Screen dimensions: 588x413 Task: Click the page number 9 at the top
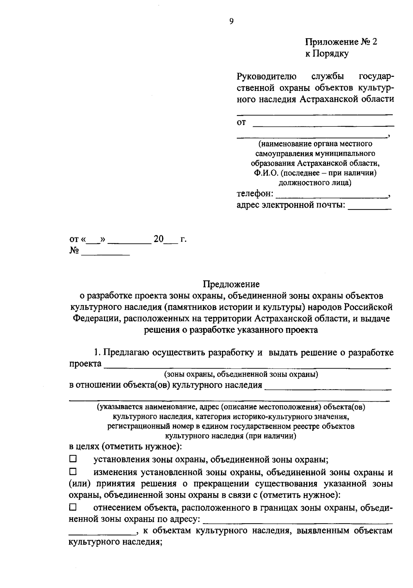[x=231, y=21]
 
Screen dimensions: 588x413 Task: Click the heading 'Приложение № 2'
[x=341, y=42]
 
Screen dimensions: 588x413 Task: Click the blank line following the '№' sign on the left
[x=105, y=254]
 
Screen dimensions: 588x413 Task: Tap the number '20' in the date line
[x=159, y=239]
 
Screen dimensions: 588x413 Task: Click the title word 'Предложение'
[x=231, y=284]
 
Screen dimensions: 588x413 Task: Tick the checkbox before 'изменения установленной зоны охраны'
[x=73, y=471]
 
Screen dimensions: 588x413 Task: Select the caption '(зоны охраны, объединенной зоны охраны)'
[x=241, y=374]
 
